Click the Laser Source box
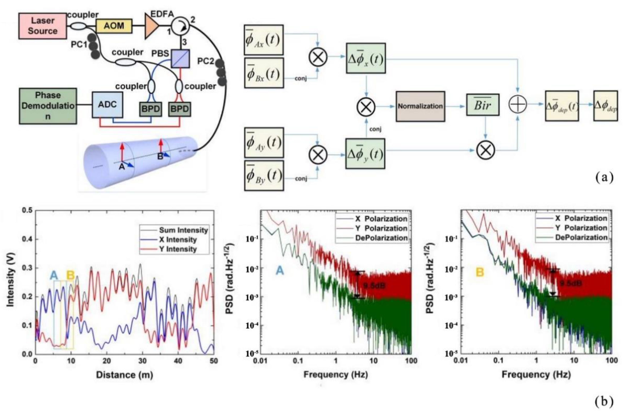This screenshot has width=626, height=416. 42,26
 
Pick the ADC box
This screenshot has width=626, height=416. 107,105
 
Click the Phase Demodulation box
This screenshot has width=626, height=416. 48,106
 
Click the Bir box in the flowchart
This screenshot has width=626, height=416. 482,105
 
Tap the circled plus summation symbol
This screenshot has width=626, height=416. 517,104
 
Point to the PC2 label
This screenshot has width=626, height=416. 205,61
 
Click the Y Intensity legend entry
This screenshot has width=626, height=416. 177,249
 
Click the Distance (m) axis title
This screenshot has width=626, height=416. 124,375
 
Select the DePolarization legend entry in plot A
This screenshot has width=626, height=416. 381,238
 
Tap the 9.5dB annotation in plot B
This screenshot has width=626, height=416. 571,283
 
